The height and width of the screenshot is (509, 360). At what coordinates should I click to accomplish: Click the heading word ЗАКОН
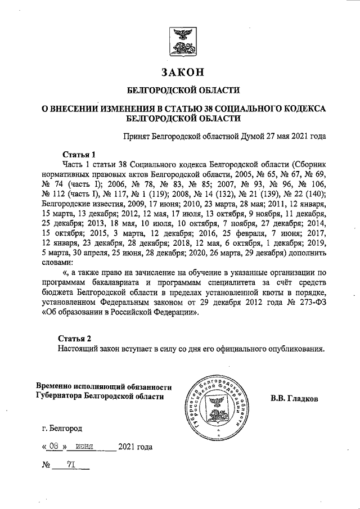click(180, 73)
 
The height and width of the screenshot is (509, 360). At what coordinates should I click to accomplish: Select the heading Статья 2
click(75, 337)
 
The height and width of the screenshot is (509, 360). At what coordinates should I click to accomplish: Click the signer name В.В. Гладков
click(294, 399)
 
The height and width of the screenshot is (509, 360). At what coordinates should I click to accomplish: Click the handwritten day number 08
click(54, 448)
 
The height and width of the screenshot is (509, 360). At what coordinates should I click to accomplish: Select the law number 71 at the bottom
click(71, 466)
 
